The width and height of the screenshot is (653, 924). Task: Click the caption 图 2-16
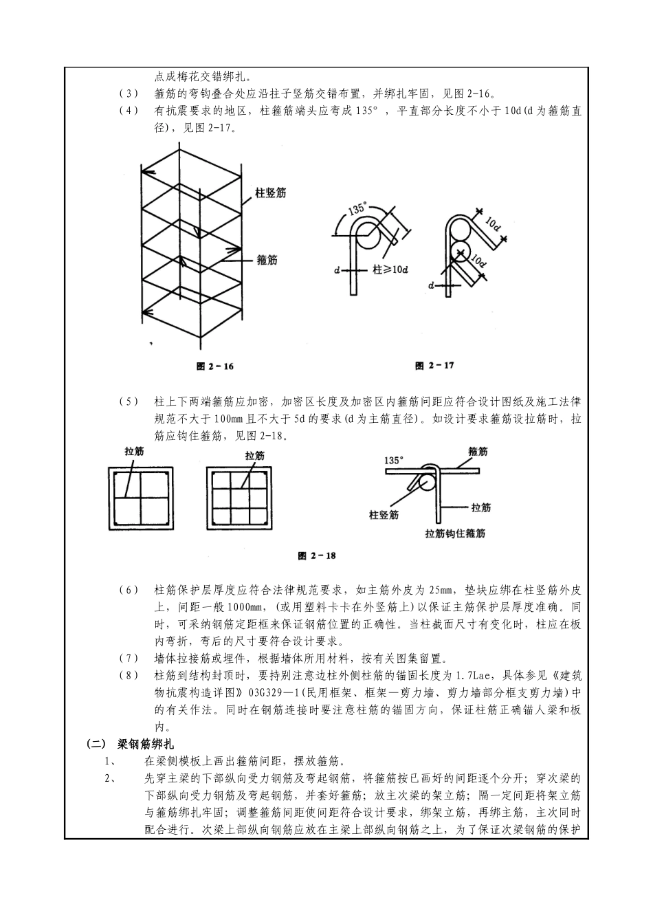click(x=215, y=366)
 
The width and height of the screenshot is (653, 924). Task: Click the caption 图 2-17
click(x=434, y=366)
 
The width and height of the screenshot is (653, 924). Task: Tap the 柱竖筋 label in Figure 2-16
click(x=271, y=194)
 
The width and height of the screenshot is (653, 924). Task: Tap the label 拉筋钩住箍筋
click(x=455, y=533)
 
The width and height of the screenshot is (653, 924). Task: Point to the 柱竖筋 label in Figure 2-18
click(x=384, y=514)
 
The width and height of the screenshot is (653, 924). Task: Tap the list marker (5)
click(x=129, y=401)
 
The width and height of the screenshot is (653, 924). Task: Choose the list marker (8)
click(x=129, y=676)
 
